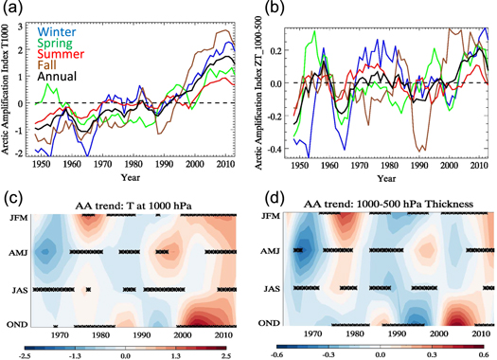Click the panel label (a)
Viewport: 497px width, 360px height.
point(15,10)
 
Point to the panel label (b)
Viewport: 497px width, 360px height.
point(265,10)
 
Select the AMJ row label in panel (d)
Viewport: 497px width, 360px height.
point(270,252)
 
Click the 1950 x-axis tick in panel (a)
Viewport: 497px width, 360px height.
point(44,165)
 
